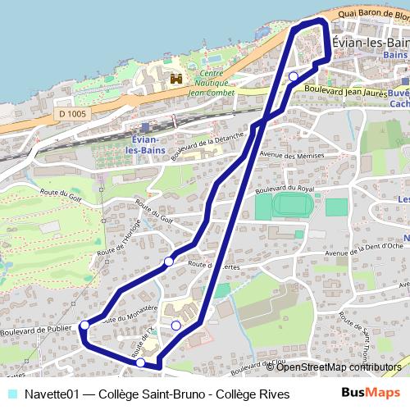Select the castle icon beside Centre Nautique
click(x=175, y=80)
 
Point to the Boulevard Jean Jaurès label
click(x=344, y=91)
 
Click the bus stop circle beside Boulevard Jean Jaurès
click(x=294, y=76)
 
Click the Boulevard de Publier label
click(x=38, y=330)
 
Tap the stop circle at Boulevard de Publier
click(x=84, y=326)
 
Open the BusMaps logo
click(x=371, y=394)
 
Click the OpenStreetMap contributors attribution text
click(x=339, y=367)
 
